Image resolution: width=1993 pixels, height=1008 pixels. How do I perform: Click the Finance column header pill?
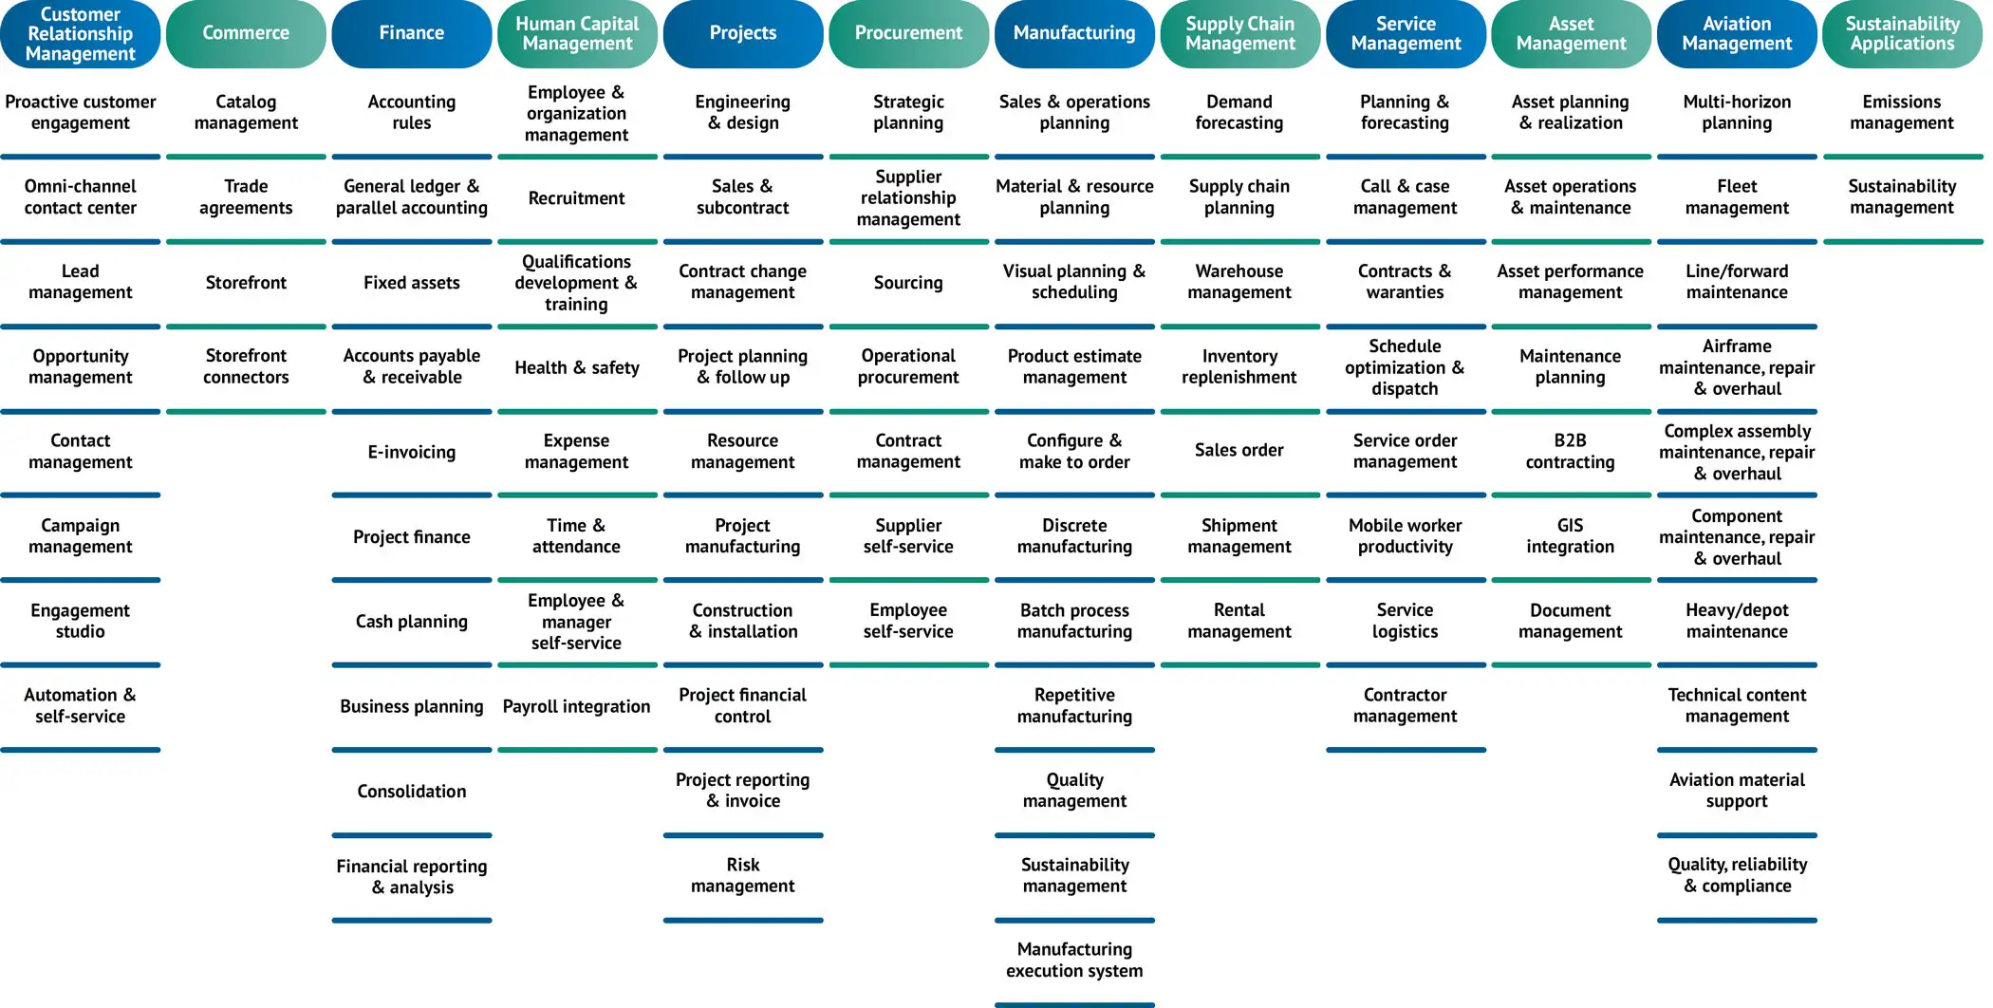point(412,34)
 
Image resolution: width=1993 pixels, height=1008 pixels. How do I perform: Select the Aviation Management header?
point(1737,34)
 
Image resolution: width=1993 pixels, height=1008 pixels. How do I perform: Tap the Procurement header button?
point(908,34)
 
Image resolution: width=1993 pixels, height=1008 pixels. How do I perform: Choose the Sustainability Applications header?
point(1902,34)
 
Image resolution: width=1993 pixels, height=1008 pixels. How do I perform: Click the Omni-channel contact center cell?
point(81,197)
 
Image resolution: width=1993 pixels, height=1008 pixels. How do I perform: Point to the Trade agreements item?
point(246,197)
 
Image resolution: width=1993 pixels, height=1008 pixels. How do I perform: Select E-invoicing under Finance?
point(412,452)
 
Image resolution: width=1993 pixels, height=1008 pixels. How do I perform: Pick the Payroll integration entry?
point(576,706)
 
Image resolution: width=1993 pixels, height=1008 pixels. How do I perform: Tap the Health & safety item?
point(576,367)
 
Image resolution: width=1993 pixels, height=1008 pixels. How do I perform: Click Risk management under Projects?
point(743,875)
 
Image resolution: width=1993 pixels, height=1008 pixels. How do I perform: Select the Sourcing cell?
point(908,283)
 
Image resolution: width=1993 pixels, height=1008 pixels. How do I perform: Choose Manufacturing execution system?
point(1074,960)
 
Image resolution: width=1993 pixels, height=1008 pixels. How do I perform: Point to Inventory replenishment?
point(1239,366)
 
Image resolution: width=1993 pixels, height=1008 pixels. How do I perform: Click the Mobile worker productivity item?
point(1405,536)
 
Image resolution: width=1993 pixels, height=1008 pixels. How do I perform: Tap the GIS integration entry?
point(1571,536)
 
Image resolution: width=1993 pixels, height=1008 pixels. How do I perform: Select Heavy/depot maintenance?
point(1737,621)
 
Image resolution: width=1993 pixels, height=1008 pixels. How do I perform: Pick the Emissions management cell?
point(1902,112)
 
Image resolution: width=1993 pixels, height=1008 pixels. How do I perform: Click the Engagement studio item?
point(81,621)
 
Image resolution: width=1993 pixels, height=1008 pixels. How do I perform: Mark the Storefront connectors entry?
point(246,366)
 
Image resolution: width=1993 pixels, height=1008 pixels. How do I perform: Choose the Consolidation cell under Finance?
point(412,792)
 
